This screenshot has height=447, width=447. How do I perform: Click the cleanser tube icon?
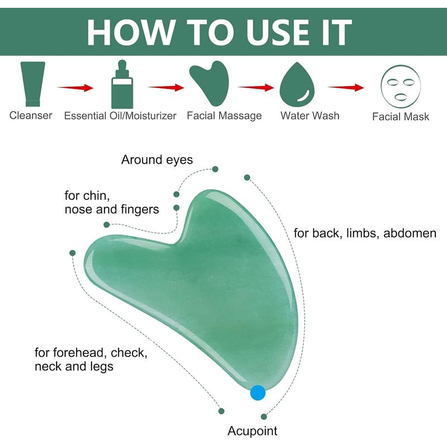click(33, 84)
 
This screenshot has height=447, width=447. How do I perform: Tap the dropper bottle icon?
click(122, 84)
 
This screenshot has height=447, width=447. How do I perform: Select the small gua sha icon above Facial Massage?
click(210, 83)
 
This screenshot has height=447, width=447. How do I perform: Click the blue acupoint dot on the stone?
click(258, 393)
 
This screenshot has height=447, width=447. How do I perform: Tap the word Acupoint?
click(253, 431)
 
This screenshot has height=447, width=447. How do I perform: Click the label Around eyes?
click(157, 160)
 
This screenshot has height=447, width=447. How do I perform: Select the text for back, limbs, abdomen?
click(365, 233)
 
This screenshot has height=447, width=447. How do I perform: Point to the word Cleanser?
click(31, 116)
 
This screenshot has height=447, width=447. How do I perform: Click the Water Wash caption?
click(310, 116)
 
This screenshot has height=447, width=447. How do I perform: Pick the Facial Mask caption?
click(401, 117)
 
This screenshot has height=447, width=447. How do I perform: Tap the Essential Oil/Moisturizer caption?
click(120, 116)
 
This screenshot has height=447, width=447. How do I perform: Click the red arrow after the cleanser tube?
click(75, 88)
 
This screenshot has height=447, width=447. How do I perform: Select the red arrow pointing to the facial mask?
click(346, 88)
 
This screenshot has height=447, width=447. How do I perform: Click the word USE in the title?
click(278, 32)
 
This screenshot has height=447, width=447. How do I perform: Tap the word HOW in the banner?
click(131, 32)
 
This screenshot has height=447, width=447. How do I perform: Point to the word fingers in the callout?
click(140, 210)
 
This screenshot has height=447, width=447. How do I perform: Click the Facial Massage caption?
click(225, 116)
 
